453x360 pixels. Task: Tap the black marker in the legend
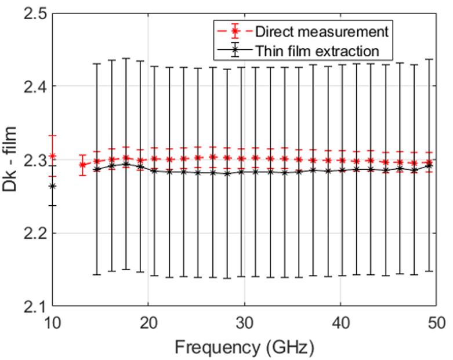tap(233, 51)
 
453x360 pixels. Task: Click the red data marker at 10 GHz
tap(52, 156)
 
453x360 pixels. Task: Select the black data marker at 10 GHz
tap(52, 186)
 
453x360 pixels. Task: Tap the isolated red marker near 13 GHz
tap(82, 165)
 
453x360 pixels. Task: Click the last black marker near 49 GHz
tap(429, 166)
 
